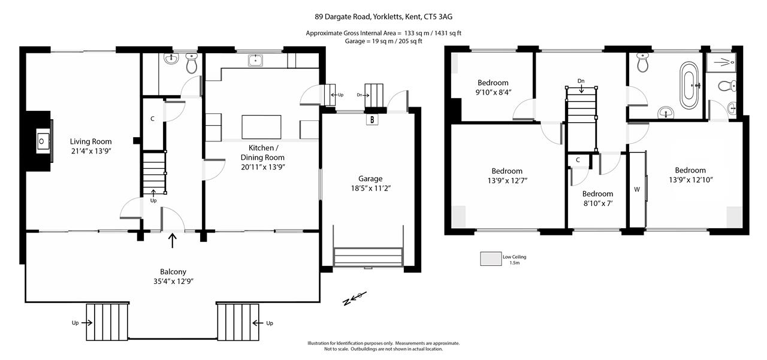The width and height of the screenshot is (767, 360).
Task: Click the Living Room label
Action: pos(90,141)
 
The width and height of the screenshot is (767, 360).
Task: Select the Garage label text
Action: pos(370,179)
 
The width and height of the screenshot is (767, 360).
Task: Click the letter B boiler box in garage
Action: pos(373,120)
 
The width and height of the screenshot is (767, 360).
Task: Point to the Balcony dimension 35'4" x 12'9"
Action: pos(173,281)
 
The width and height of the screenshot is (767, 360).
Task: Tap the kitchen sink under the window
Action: pos(256,60)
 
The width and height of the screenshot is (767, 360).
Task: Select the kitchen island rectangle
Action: pos(261,127)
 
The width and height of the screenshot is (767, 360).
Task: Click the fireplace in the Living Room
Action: pos(42,141)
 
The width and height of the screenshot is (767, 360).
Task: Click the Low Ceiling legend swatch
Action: pos(490,258)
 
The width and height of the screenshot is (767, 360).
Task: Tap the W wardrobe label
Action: pos(636,189)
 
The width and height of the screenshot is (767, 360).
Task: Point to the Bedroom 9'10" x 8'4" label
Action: pos(493,87)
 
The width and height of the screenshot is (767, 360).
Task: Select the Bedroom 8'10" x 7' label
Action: pos(597,198)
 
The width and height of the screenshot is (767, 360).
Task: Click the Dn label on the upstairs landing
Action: pos(581,81)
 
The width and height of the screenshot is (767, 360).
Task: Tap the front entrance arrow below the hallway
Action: pos(173,241)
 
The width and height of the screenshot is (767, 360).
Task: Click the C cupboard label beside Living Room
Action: pos(153,119)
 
